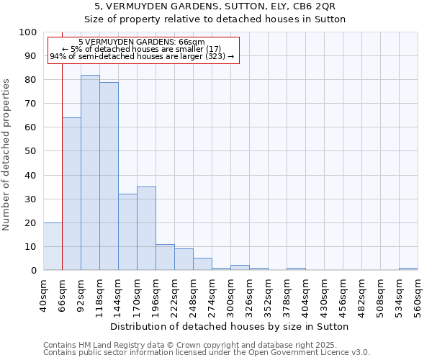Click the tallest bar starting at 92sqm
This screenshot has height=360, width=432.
[90, 173]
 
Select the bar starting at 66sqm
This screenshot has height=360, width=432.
[71, 194]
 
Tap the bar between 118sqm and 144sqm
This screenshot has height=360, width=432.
[109, 176]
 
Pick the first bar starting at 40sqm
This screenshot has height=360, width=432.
[53, 246]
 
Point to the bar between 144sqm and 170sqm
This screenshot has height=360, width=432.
[127, 232]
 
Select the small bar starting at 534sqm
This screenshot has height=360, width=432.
[408, 269]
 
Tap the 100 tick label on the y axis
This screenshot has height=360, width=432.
[28, 32]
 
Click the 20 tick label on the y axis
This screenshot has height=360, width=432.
[31, 222]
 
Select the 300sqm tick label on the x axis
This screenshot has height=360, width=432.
[230, 294]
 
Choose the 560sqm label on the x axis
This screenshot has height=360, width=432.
[418, 294]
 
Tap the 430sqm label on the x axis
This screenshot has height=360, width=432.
[324, 294]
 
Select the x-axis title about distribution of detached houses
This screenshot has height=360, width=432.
[230, 326]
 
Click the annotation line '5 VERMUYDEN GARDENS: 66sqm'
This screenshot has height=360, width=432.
[142, 42]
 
